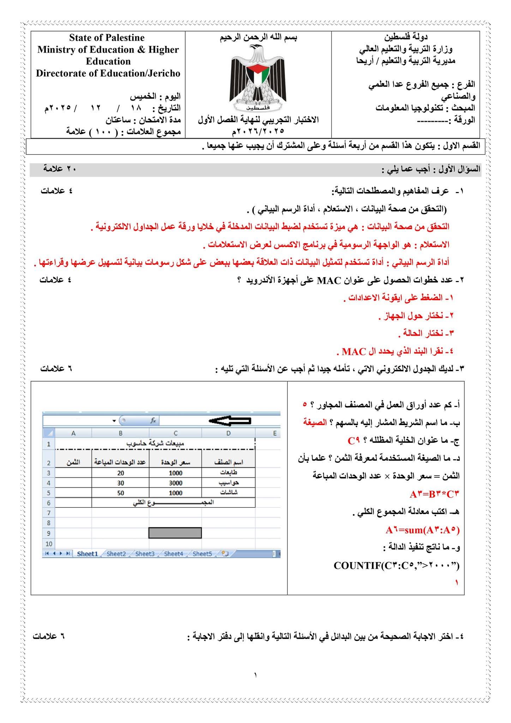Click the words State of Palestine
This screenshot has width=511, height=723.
(107, 38)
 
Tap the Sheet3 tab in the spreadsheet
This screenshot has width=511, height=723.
(145, 554)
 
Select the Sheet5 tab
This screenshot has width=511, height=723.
(202, 554)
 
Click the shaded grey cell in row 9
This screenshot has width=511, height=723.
(175, 533)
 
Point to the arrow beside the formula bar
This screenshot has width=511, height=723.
(230, 420)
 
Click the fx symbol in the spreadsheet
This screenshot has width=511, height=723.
(153, 420)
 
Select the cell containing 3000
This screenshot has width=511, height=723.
(175, 483)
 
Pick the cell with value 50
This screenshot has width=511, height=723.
(121, 493)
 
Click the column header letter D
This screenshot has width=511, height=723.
(228, 433)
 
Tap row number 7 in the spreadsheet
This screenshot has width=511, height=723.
(49, 513)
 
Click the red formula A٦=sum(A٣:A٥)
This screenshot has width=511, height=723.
(422, 530)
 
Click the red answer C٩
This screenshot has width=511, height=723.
(354, 441)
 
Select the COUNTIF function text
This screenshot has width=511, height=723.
(397, 566)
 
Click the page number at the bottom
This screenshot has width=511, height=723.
(255, 675)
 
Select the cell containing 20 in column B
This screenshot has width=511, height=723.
(121, 473)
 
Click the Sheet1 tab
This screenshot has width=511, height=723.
(87, 554)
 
